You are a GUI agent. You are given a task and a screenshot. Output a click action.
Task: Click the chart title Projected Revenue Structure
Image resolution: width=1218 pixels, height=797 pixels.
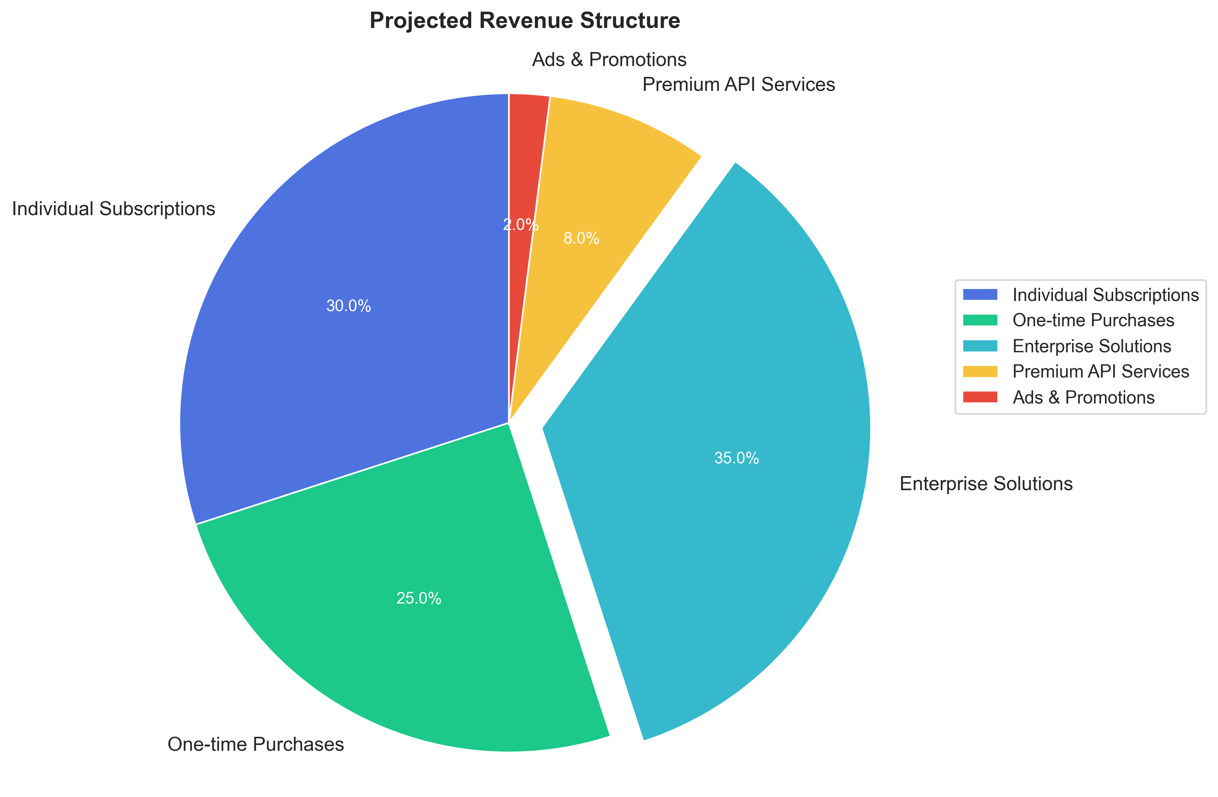(525, 21)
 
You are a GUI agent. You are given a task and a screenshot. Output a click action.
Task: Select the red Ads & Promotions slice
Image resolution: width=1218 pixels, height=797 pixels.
(525, 153)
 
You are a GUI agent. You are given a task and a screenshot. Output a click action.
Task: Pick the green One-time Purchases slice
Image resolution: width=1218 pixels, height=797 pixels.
(409, 604)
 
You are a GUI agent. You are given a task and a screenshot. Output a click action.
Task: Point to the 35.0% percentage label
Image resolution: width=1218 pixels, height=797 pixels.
(736, 458)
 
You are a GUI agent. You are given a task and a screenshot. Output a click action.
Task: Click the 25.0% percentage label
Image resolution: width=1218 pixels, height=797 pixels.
(419, 599)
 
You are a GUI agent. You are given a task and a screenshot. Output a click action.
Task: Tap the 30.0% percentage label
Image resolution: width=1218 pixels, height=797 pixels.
(348, 306)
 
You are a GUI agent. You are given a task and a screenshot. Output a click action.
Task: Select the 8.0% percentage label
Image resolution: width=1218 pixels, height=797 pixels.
(581, 238)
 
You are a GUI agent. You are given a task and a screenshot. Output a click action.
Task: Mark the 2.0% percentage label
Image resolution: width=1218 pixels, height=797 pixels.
(521, 225)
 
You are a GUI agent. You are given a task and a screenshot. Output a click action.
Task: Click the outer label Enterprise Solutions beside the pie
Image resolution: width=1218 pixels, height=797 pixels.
(986, 484)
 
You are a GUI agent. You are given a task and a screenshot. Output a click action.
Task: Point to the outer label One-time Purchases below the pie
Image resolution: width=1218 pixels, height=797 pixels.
(256, 744)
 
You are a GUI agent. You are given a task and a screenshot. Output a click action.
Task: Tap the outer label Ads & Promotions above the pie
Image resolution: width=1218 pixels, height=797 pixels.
(609, 60)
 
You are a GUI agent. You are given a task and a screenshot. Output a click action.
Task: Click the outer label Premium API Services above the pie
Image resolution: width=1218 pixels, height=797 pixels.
(738, 84)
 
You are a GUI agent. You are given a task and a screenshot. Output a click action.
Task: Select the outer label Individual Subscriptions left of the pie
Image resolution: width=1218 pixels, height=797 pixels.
(114, 209)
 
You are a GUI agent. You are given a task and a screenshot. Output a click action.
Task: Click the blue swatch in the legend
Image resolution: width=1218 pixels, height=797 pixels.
(980, 294)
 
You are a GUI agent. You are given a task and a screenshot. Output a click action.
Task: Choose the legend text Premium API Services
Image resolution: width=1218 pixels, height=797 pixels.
(1101, 372)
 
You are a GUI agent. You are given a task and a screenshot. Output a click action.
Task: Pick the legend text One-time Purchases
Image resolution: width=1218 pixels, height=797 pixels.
(1093, 320)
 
